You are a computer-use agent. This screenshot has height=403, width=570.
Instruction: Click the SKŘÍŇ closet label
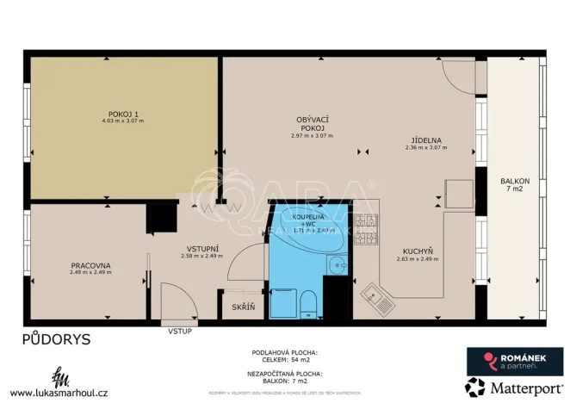244,307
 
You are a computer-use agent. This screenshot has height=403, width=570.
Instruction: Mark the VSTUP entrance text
180,329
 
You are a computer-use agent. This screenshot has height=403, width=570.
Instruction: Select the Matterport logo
506,387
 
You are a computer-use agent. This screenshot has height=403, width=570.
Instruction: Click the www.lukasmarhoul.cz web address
59,392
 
